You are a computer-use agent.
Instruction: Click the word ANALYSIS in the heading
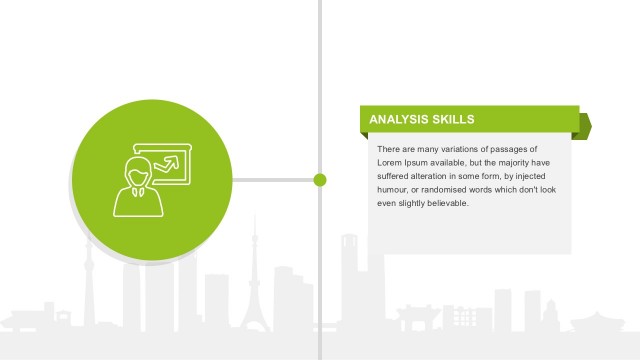tap(399, 120)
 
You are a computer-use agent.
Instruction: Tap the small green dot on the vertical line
tap(320, 180)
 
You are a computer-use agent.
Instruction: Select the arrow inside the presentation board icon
tap(174, 160)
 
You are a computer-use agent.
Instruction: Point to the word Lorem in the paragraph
tap(390, 162)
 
